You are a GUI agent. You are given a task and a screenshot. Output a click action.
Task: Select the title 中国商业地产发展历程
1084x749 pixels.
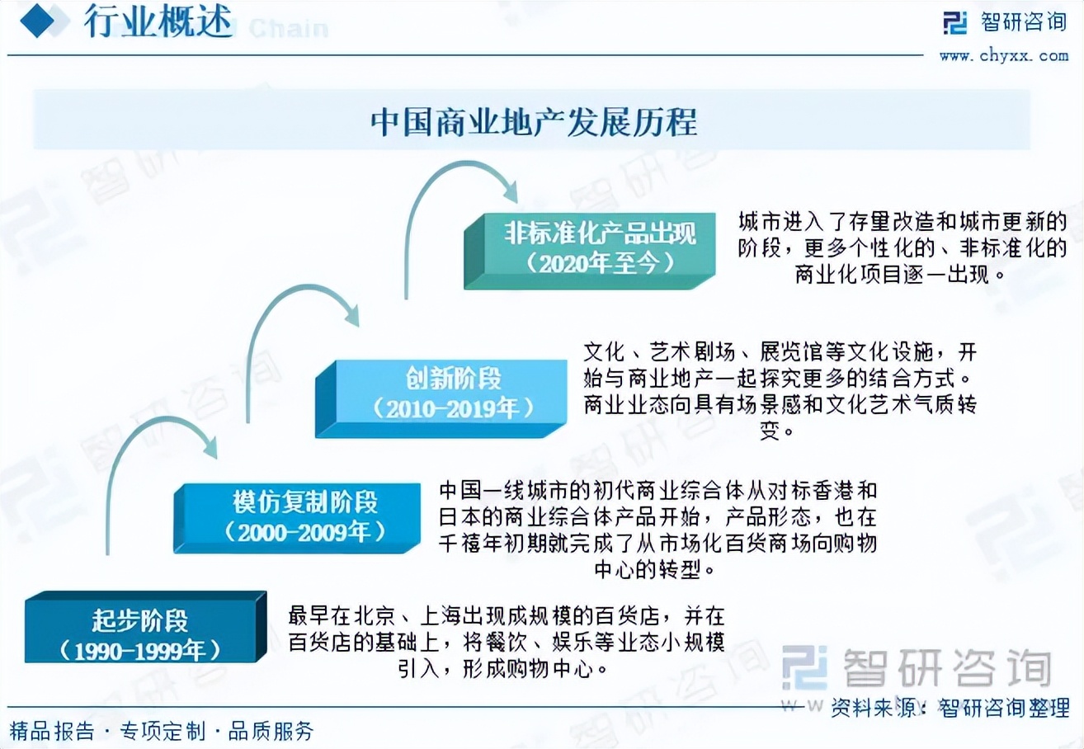533,122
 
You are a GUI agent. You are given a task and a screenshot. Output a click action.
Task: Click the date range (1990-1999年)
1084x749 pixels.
140,650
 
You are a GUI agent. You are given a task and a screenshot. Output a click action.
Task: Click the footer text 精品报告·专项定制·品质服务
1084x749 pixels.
162,730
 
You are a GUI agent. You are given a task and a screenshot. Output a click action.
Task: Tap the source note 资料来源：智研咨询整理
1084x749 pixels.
950,707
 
